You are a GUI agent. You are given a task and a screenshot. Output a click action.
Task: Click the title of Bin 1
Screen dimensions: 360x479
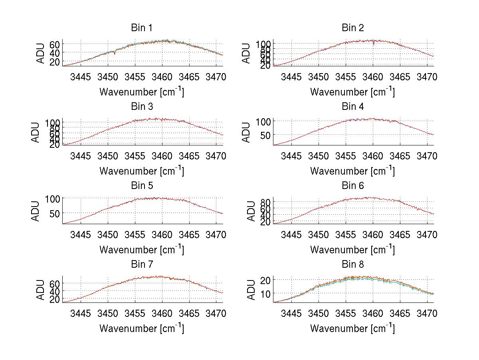click(x=142, y=28)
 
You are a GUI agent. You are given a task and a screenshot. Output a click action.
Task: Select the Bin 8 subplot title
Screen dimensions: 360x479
click(x=353, y=265)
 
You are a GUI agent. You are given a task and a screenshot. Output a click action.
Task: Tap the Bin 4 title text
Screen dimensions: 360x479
click(x=353, y=107)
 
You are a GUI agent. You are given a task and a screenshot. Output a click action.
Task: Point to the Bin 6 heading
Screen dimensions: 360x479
click(x=353, y=186)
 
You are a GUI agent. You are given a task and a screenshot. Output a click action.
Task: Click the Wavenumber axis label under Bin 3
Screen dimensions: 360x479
click(x=142, y=171)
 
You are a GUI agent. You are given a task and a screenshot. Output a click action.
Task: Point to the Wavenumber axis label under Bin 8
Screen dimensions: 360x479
click(x=353, y=328)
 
